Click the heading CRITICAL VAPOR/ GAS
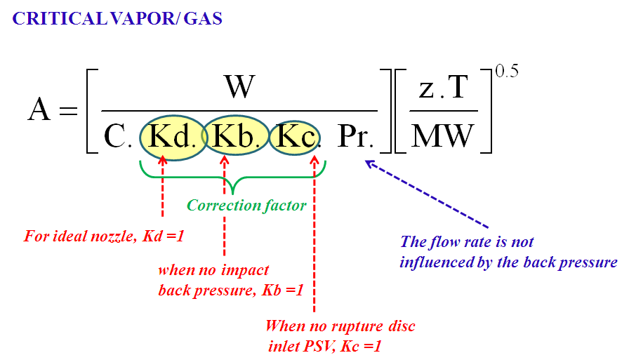[117, 19]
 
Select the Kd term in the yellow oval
[171, 136]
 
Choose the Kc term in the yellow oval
[295, 136]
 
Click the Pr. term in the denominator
[355, 137]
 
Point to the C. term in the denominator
[118, 137]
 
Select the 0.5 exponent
[507, 72]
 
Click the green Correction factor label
[246, 206]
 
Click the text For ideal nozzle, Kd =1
[103, 236]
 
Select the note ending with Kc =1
[340, 336]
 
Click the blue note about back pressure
[508, 253]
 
